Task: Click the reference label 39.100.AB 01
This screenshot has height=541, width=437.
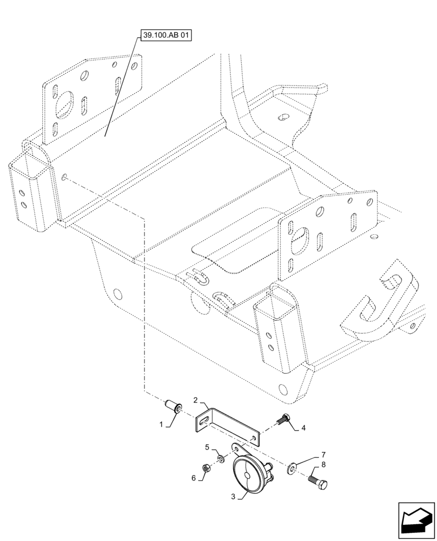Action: [x=167, y=37]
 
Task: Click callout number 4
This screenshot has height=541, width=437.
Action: [x=303, y=428]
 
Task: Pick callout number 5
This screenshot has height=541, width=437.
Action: [x=207, y=447]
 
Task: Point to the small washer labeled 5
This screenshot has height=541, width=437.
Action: [x=220, y=459]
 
